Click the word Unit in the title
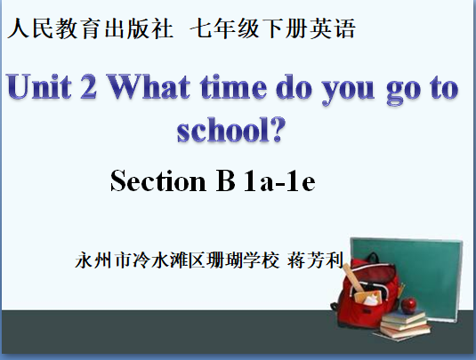coord(39,86)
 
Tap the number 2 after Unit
coord(89,86)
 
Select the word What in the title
coord(149,86)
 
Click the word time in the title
coord(233,87)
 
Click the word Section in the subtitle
coord(158,180)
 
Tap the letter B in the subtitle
coord(226,180)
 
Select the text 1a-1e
coord(279,180)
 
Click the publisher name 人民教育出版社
coord(90,28)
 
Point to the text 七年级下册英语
coord(273,28)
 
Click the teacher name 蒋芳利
coord(315,260)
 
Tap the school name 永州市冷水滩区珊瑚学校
coord(177,260)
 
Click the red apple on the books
coord(409,305)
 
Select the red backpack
coord(367,292)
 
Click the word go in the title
coord(404,91)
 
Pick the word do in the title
coord(294,87)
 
